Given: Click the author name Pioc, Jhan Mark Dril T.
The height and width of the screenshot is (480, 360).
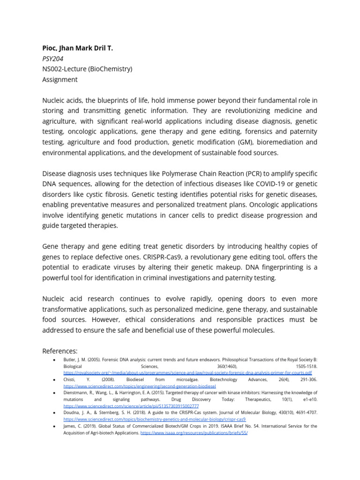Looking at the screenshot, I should pos(77,48).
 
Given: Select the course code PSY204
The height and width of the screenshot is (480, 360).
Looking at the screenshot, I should pos(52,59).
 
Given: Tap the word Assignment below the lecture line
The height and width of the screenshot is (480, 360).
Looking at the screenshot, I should pos(60,79).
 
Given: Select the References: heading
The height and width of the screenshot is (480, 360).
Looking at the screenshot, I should pos(60,351).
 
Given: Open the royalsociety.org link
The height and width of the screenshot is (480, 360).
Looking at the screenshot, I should pos(187,372).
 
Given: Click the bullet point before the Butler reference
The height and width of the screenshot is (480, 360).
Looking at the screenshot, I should pos(55,359).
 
